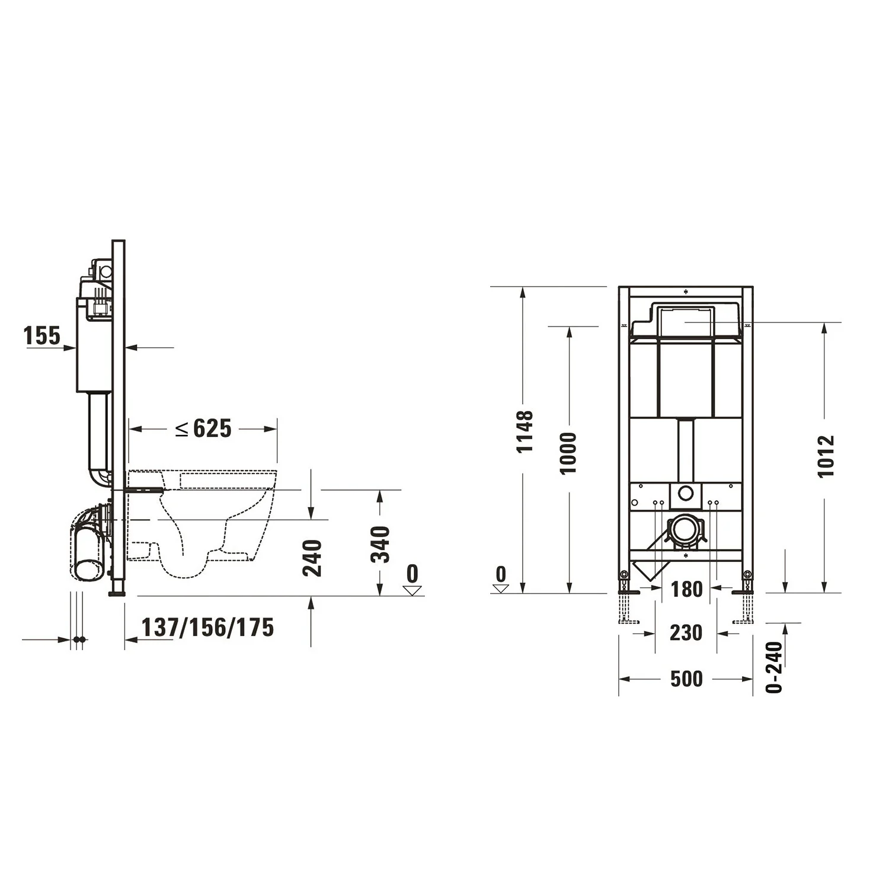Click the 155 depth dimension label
coord(41,335)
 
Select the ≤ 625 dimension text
coord(203,428)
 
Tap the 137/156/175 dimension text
coord(207,627)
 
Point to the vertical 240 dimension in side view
coord(312,558)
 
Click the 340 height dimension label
coord(380,544)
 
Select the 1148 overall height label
coord(524,431)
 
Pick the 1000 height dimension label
coord(568,453)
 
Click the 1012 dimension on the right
coord(826,456)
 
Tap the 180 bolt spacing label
coord(686,590)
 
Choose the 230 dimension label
coord(686,633)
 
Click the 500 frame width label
coord(686,679)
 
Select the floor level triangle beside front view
coord(501,589)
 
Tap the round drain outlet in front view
coord(685,529)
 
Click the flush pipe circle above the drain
coord(686,493)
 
